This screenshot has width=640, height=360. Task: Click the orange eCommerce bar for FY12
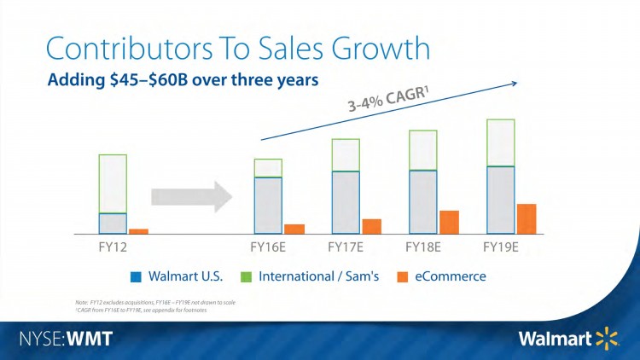pos(138,231)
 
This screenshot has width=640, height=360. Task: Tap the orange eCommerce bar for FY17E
pos(371,226)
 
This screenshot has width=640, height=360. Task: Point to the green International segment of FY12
pos(113,183)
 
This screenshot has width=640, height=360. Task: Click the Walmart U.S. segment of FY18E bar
pos(423,202)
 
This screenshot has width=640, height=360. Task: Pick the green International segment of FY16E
pos(268,167)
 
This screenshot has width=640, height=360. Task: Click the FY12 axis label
pos(113,248)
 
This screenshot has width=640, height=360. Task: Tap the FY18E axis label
pos(424,248)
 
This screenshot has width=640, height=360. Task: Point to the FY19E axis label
pos(501,248)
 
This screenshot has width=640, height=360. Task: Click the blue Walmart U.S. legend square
pos(136,276)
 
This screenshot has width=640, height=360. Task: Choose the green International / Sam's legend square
pos(244,276)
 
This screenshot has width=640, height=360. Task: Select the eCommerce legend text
pos(451,276)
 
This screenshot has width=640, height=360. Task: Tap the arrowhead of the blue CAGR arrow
pos(515,82)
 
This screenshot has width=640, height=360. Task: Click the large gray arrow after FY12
pos(191,196)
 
